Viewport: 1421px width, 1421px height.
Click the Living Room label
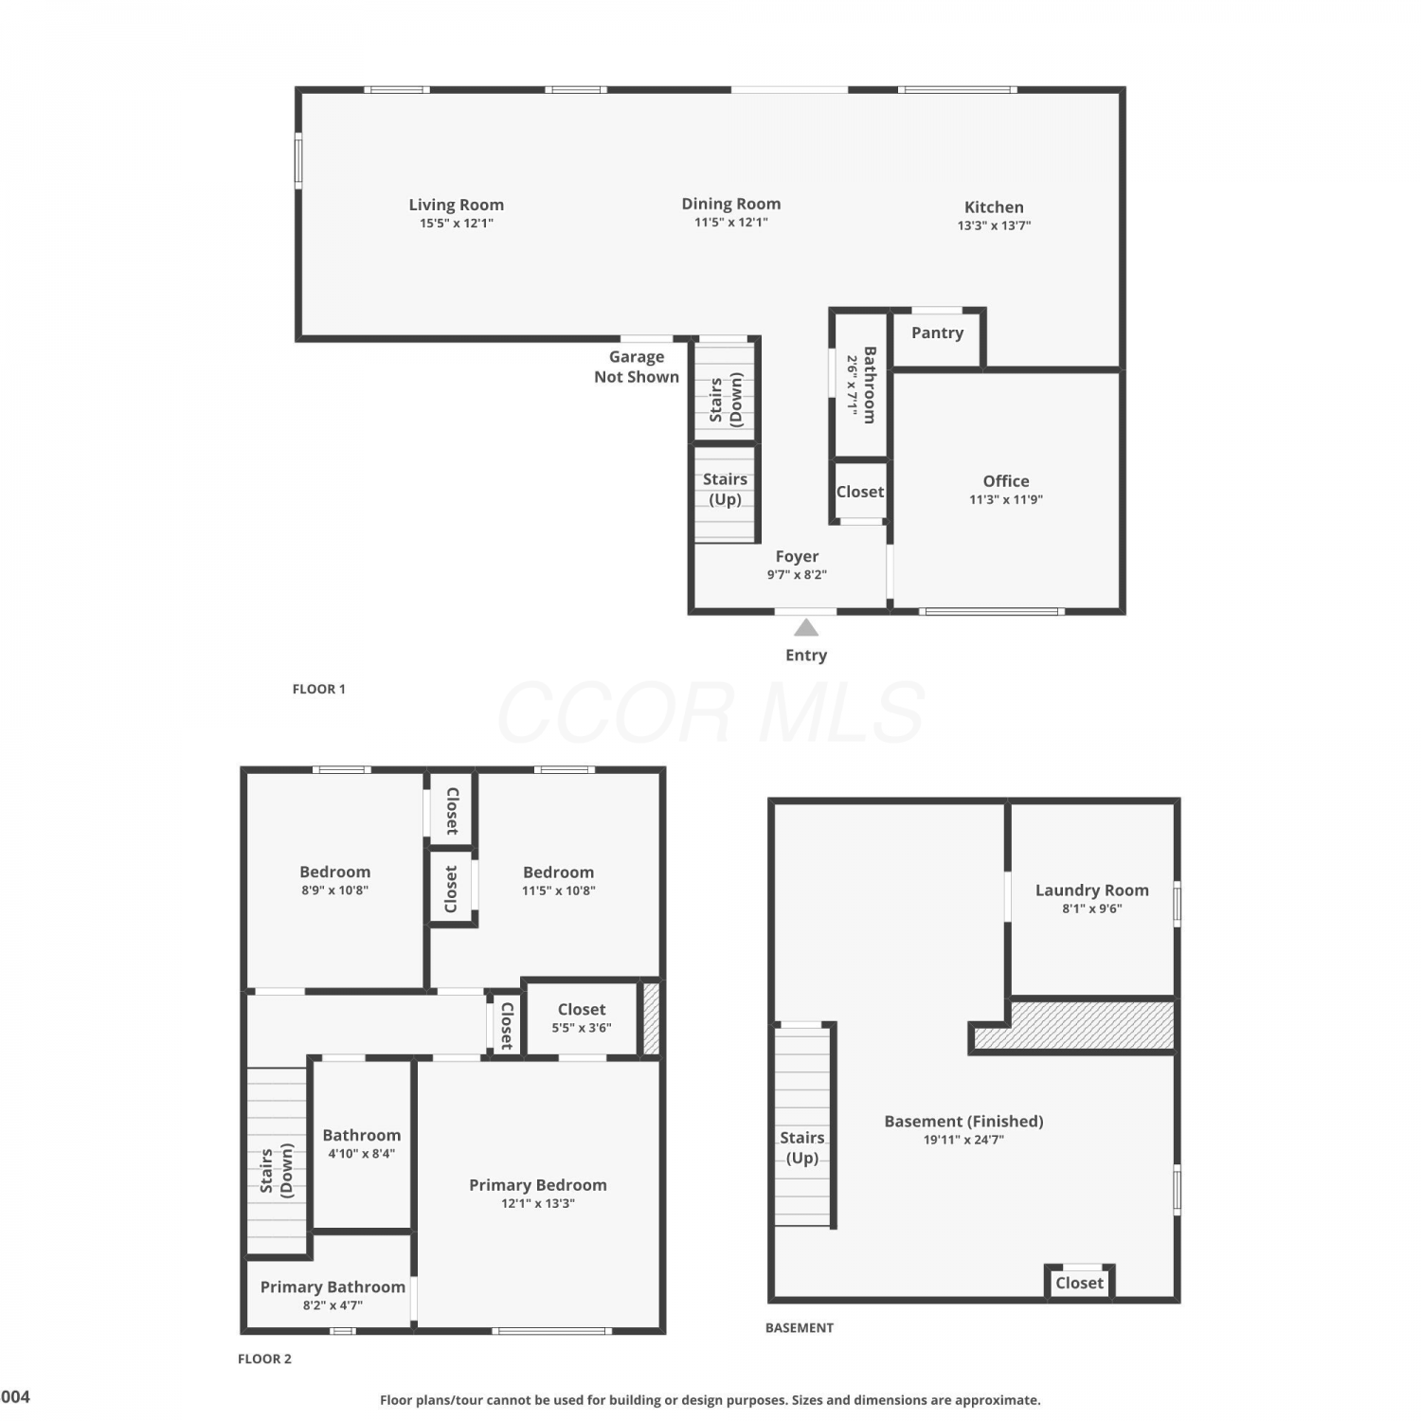(456, 205)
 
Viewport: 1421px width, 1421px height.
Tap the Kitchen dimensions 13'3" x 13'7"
(994, 225)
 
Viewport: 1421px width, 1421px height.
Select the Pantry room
(937, 337)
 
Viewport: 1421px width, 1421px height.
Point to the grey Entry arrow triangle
(806, 627)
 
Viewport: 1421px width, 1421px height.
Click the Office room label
(1005, 480)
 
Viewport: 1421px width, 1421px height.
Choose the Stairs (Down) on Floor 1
(726, 390)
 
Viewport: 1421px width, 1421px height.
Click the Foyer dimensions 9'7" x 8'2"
(797, 574)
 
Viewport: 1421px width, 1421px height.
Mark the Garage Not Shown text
(637, 367)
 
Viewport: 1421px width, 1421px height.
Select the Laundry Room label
(1091, 890)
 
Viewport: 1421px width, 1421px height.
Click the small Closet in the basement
(1079, 1283)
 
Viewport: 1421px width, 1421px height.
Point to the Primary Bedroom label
(538, 1185)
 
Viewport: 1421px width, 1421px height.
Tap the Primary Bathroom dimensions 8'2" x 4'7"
(333, 1304)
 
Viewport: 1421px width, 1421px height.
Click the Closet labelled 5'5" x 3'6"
(582, 1017)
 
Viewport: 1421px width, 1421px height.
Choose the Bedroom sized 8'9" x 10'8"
(335, 880)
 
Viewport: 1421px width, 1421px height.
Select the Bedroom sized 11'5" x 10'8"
(559, 880)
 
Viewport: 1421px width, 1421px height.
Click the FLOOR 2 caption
(264, 1358)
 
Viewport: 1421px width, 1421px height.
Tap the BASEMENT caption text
(800, 1327)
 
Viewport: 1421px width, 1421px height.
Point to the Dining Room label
(731, 204)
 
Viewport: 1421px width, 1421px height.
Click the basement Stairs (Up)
(802, 1126)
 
